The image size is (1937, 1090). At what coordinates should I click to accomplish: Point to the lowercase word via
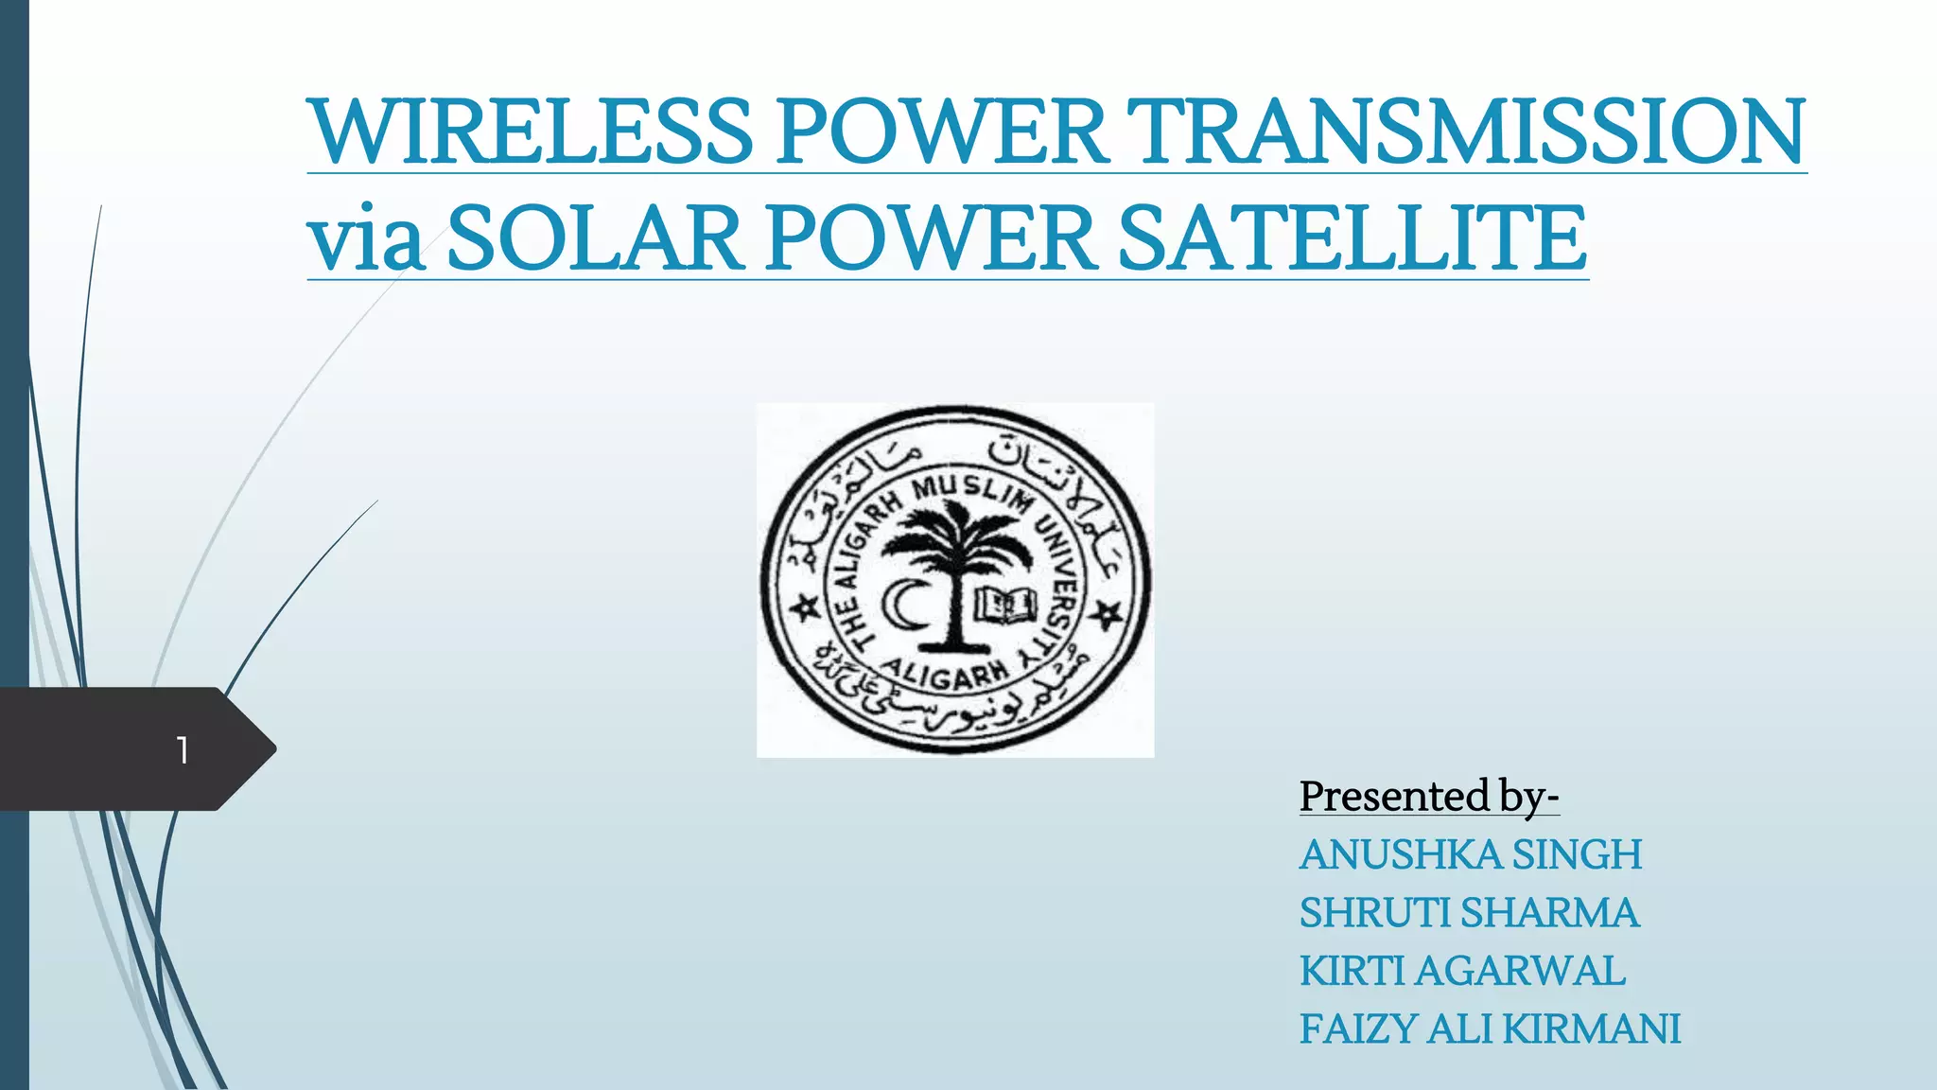(x=365, y=239)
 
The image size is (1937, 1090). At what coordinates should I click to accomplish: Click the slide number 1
(x=183, y=750)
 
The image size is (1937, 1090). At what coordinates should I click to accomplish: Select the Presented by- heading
(x=1428, y=797)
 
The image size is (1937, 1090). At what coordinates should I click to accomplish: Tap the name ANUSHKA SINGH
(x=1470, y=854)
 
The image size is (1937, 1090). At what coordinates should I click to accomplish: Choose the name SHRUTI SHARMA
(x=1468, y=913)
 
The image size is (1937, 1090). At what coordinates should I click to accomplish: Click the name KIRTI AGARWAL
(x=1462, y=971)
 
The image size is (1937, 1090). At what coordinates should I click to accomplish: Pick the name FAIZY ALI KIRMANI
(x=1490, y=1029)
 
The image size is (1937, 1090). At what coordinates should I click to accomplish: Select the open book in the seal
(x=1005, y=605)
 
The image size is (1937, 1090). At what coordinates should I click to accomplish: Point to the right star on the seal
(x=1106, y=615)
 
